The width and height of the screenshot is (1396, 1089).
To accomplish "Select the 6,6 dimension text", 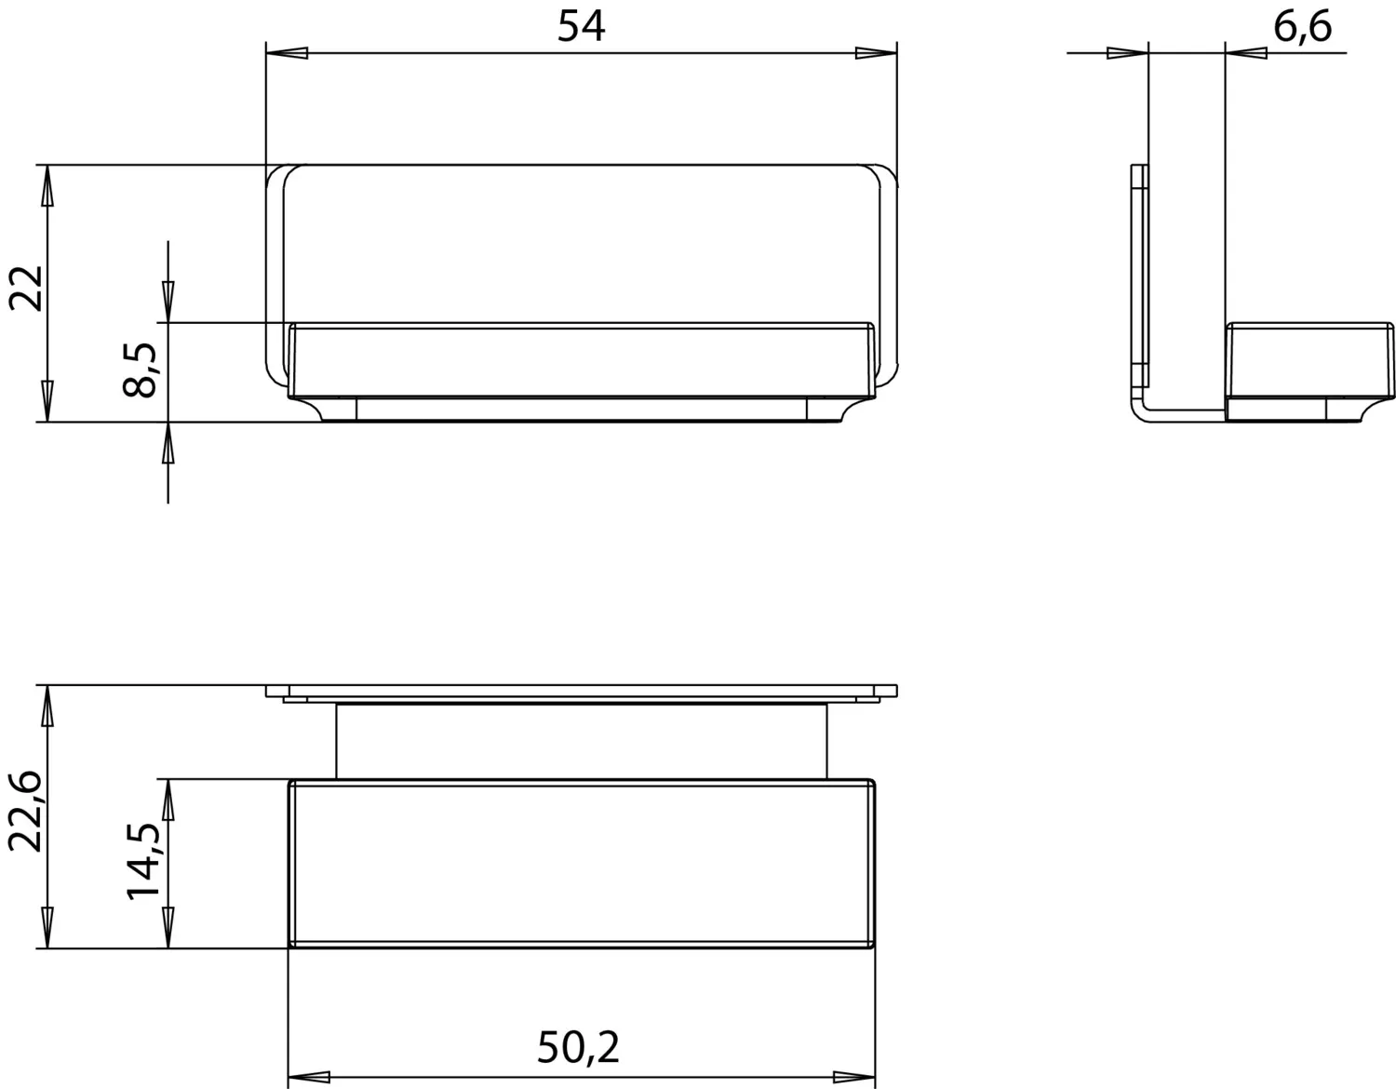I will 1302,28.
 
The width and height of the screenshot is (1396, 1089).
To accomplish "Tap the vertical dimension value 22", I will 27,289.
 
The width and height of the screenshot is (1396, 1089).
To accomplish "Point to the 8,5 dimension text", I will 142,370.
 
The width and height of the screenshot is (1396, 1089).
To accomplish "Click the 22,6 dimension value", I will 27,811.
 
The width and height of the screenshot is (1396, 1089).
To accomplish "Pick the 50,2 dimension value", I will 578,1048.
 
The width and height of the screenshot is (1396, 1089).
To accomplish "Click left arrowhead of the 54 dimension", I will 287,54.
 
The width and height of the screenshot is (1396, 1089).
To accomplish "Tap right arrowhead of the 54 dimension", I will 876,54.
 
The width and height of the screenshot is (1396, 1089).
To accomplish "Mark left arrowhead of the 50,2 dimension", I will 309,1078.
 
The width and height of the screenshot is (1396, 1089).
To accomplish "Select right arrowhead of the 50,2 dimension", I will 853,1078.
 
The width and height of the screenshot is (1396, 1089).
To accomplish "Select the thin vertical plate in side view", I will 1140,279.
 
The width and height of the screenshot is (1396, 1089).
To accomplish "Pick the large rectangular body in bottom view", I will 581,863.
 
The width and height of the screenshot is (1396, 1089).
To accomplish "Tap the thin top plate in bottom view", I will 581,692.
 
